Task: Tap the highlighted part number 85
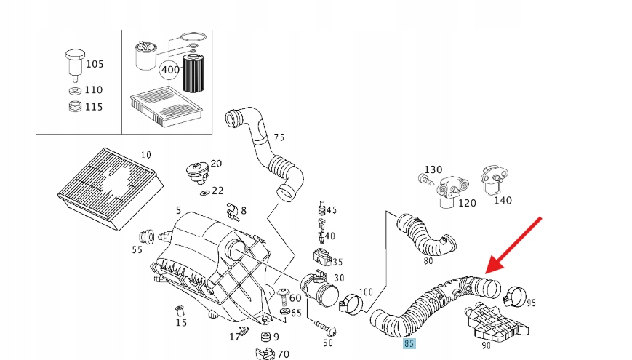(x=410, y=343)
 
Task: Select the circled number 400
(x=169, y=70)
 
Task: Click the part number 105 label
(x=95, y=64)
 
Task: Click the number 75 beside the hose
(x=279, y=137)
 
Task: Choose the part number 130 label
(x=433, y=169)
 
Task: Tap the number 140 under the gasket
(x=502, y=199)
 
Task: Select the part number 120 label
(x=467, y=203)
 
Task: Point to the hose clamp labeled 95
(x=515, y=295)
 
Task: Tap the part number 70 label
(x=283, y=354)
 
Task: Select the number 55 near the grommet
(x=137, y=249)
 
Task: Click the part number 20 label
(x=216, y=164)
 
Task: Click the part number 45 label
(x=332, y=210)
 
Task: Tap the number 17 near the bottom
(x=234, y=337)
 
